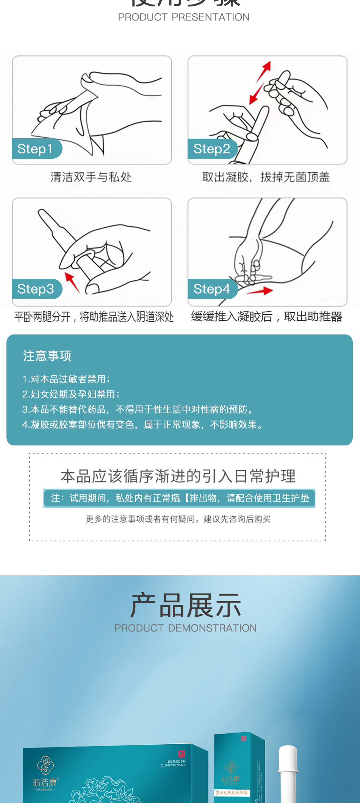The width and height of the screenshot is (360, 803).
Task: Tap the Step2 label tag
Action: [212, 149]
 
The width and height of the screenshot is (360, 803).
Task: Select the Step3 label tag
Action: [36, 289]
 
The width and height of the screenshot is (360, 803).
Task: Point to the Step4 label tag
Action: [212, 289]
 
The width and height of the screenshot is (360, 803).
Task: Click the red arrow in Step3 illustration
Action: [72, 282]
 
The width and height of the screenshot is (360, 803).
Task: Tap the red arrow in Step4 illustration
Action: [261, 291]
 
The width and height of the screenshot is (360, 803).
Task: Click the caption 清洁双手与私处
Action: [91, 177]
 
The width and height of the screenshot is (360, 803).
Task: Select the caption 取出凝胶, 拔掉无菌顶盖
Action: [266, 177]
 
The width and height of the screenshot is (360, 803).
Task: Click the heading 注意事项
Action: [47, 356]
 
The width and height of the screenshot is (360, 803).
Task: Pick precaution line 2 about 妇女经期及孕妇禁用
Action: [70, 394]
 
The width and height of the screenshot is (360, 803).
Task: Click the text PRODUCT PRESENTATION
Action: [183, 17]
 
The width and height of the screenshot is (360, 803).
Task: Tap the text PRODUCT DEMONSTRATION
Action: [185, 628]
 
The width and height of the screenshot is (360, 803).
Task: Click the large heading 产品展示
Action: [185, 605]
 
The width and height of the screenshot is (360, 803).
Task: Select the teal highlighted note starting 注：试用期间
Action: [180, 498]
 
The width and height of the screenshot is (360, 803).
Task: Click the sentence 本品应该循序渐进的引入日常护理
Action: [178, 476]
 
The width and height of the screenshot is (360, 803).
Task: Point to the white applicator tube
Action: [288, 773]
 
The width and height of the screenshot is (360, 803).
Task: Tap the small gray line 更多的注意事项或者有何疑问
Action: [178, 519]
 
